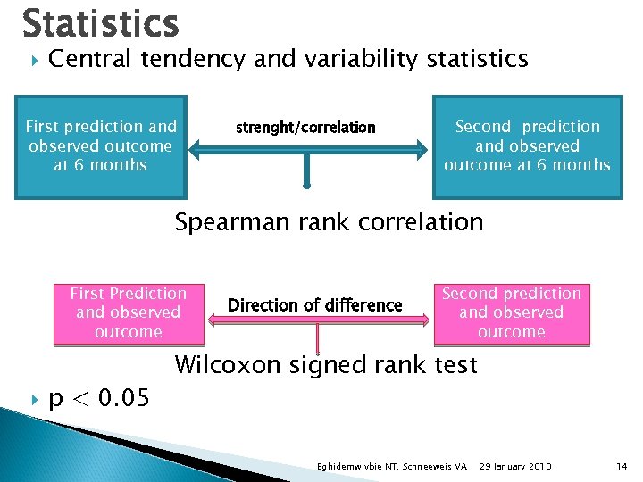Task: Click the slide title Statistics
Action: tap(100, 23)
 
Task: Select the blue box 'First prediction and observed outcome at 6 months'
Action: tap(101, 146)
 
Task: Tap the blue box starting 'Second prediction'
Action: tap(527, 146)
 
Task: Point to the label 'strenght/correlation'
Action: tap(305, 128)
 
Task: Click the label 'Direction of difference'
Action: tap(314, 305)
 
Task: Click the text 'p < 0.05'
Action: tap(99, 398)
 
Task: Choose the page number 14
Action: tap(622, 467)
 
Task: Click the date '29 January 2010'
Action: tap(515, 467)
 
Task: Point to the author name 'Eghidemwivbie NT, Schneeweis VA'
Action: tap(392, 467)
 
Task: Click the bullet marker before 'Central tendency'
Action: tap(33, 61)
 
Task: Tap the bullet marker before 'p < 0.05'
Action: tap(33, 399)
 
